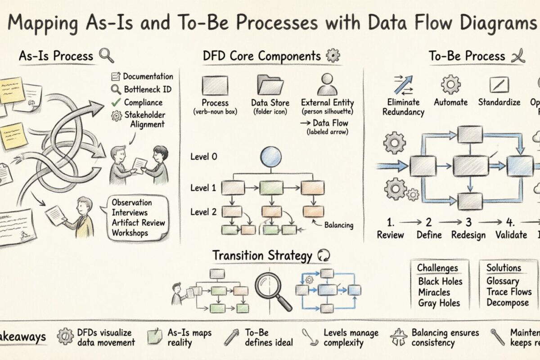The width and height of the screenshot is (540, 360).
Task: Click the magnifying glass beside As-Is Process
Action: tap(106, 56)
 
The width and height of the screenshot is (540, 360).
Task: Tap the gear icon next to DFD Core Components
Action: tap(333, 56)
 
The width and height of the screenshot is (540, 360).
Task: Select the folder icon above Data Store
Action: tap(270, 84)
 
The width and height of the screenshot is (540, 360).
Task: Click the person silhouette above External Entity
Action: tap(327, 84)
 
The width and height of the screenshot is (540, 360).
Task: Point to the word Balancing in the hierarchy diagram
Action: tap(338, 225)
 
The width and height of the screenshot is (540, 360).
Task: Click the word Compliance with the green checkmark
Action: tap(143, 102)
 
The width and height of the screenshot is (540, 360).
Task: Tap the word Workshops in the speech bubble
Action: tap(130, 233)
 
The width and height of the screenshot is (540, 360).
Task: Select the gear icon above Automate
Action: tap(450, 84)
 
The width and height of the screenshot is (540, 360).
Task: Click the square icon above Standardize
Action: tap(499, 85)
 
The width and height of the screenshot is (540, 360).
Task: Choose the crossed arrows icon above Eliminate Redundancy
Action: tap(404, 84)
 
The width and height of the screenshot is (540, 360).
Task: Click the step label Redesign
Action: tap(468, 234)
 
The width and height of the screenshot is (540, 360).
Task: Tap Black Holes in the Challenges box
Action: tap(440, 281)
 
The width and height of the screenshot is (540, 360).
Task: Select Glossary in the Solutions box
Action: tap(503, 281)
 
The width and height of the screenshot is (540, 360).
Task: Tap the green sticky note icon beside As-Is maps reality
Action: tap(155, 337)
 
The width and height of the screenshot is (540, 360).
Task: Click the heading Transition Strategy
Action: tap(262, 256)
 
